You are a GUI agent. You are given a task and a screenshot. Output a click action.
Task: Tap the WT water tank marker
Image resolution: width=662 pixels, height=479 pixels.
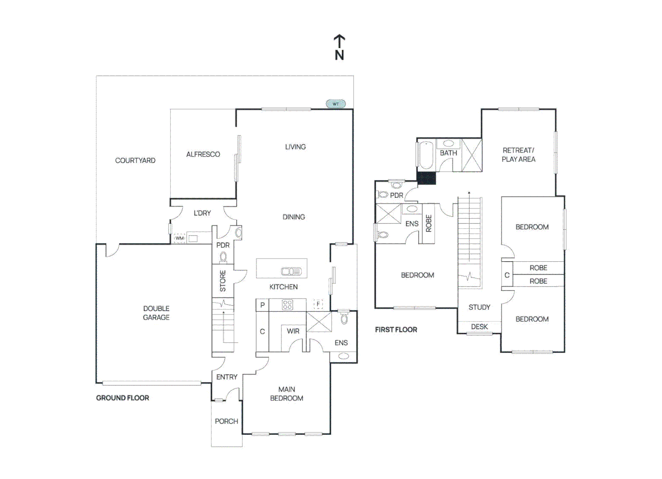click(335, 104)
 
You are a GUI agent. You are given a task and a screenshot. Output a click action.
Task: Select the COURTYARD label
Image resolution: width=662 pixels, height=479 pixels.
click(135, 161)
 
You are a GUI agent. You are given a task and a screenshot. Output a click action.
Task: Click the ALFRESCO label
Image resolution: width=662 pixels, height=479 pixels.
click(203, 154)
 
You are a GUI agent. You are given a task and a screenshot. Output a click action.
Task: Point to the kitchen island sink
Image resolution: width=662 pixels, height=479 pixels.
click(291, 271)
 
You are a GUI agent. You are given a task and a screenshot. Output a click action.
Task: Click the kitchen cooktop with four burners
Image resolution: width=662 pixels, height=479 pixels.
click(288, 305)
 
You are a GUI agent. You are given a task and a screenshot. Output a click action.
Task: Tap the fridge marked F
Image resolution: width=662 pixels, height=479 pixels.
click(318, 304)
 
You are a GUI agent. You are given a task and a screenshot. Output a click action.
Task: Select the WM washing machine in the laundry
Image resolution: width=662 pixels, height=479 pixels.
click(179, 238)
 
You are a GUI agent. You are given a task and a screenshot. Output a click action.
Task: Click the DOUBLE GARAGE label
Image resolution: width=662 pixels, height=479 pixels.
click(156, 313)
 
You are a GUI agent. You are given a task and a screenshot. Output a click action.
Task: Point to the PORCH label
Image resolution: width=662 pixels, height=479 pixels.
click(226, 421)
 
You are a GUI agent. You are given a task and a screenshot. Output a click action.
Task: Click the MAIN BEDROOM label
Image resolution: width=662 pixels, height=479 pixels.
click(287, 394)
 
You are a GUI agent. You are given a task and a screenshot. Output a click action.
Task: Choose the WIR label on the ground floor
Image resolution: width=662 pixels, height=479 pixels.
click(293, 331)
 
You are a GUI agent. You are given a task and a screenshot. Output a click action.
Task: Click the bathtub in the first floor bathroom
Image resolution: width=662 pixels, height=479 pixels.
click(426, 155)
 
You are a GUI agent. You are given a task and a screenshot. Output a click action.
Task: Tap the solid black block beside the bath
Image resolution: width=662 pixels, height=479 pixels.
click(426, 178)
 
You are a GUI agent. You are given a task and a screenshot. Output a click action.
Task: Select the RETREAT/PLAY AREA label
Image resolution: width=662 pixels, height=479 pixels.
click(518, 155)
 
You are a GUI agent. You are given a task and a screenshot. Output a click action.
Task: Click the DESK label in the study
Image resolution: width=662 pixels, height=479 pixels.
click(479, 327)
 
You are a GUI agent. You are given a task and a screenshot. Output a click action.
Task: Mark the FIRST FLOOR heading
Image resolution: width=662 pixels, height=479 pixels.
click(396, 330)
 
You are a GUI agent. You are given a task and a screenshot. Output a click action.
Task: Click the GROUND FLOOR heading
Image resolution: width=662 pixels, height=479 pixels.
click(122, 398)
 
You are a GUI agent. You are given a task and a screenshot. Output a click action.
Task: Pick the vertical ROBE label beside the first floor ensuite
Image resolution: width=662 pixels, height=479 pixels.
click(428, 223)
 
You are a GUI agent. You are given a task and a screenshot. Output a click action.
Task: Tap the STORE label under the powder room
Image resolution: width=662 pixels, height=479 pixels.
click(223, 281)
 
